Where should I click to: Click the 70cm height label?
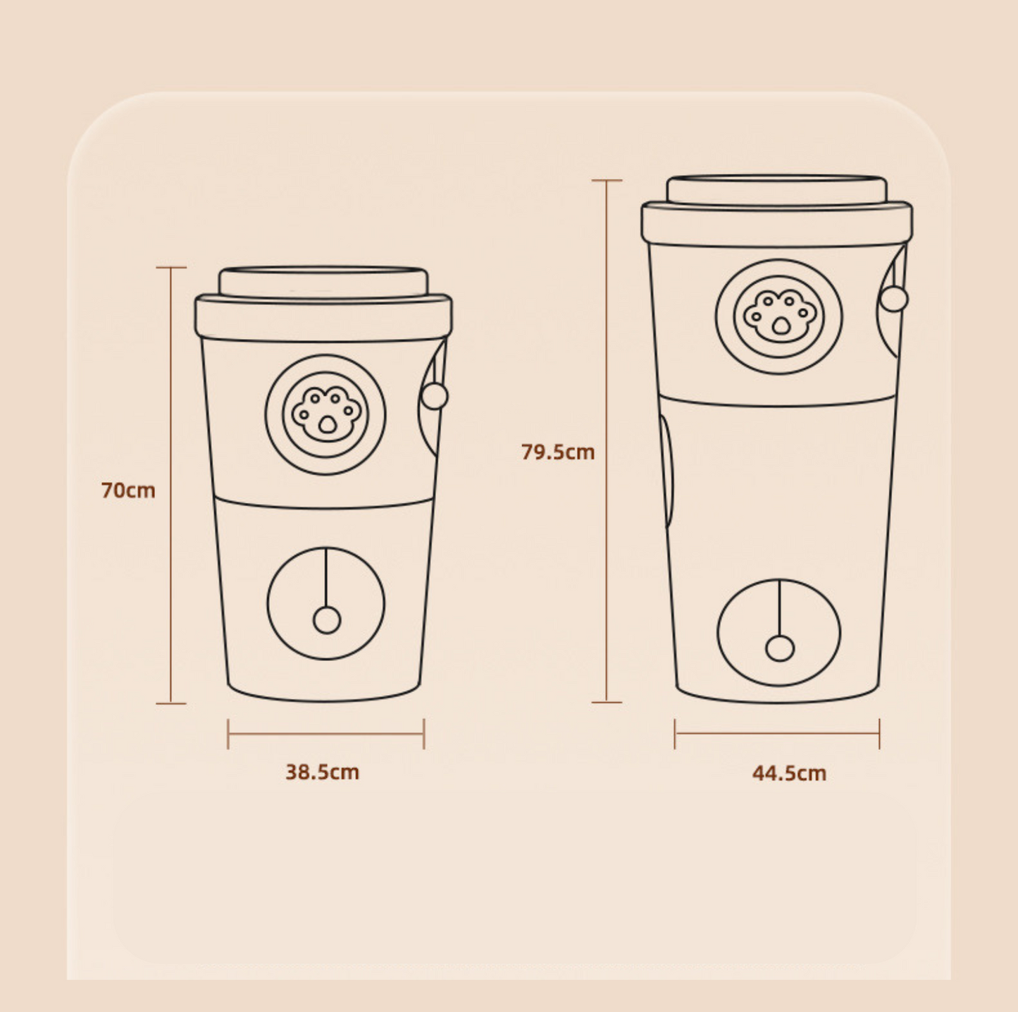(128, 490)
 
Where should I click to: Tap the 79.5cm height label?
(558, 452)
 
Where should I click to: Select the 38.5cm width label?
(322, 772)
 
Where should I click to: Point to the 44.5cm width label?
(789, 773)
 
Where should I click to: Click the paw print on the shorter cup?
(327, 415)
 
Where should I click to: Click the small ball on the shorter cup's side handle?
(435, 396)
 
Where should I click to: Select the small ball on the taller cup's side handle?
(894, 298)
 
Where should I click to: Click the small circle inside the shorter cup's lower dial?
(327, 620)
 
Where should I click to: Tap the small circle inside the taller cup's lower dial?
(781, 648)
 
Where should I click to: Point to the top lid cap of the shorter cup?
(323, 282)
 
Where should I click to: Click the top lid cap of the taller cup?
(776, 190)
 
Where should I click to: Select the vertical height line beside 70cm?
(171, 486)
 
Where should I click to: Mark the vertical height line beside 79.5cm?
(607, 441)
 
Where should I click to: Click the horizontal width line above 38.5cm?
(326, 734)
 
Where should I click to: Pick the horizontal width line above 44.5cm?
(777, 734)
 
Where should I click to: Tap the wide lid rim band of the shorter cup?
(323, 319)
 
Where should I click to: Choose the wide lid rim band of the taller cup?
(777, 225)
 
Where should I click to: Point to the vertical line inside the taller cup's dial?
(780, 607)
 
